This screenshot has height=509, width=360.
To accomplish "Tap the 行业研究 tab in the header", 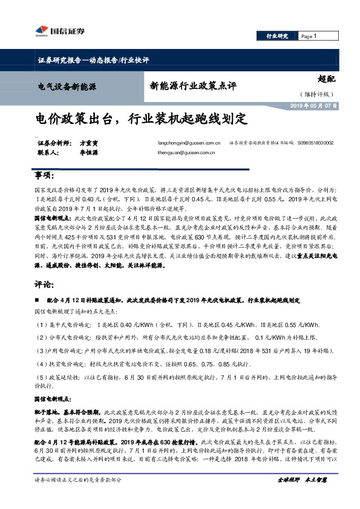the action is coord(278,36).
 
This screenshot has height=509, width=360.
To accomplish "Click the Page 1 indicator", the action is coord(310,36).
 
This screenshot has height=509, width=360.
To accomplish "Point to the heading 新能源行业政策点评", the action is coord(193,86).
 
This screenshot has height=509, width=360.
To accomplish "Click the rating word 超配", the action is coord(326,78).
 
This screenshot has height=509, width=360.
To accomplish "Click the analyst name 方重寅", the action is coord(88,143).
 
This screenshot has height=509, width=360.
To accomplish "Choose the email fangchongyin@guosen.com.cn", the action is coord(188,143).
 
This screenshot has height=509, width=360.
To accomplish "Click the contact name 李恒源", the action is coord(88,154).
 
